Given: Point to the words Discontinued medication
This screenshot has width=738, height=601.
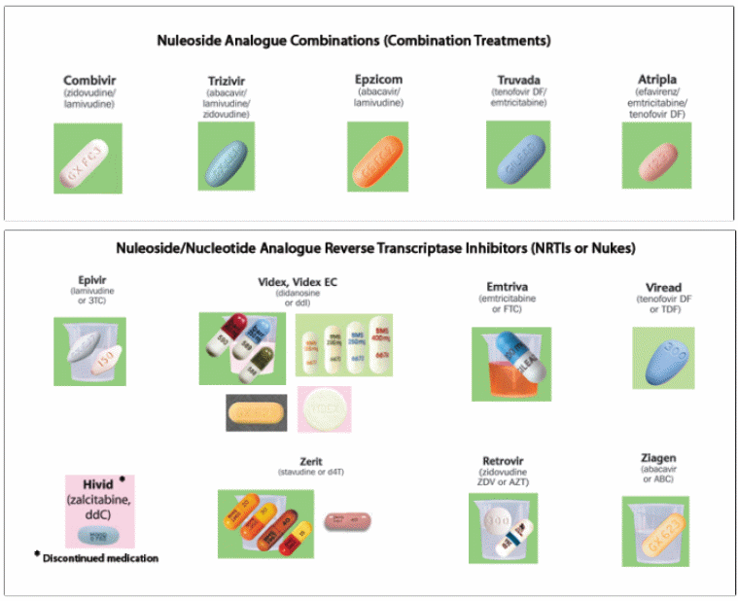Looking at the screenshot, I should point(100,558).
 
